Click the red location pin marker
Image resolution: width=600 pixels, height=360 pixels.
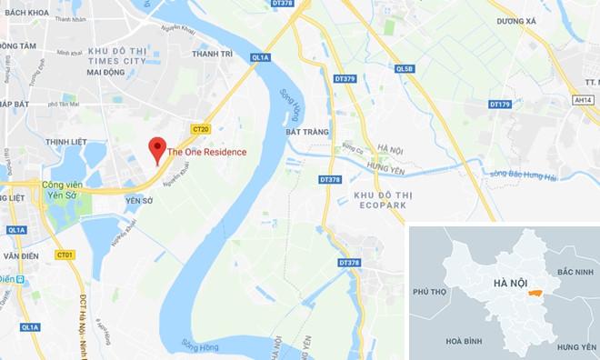[157, 148]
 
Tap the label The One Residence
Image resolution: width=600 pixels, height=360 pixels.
[206, 152]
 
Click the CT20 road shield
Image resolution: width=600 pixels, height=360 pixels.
[201, 129]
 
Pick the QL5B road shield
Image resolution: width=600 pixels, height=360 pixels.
[404, 68]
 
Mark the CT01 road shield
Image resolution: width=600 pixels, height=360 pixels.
[64, 254]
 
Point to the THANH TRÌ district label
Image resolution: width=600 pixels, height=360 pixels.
[214, 54]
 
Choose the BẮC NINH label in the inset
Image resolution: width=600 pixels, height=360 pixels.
[574, 272]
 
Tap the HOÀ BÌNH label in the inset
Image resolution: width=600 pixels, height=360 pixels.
[465, 340]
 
